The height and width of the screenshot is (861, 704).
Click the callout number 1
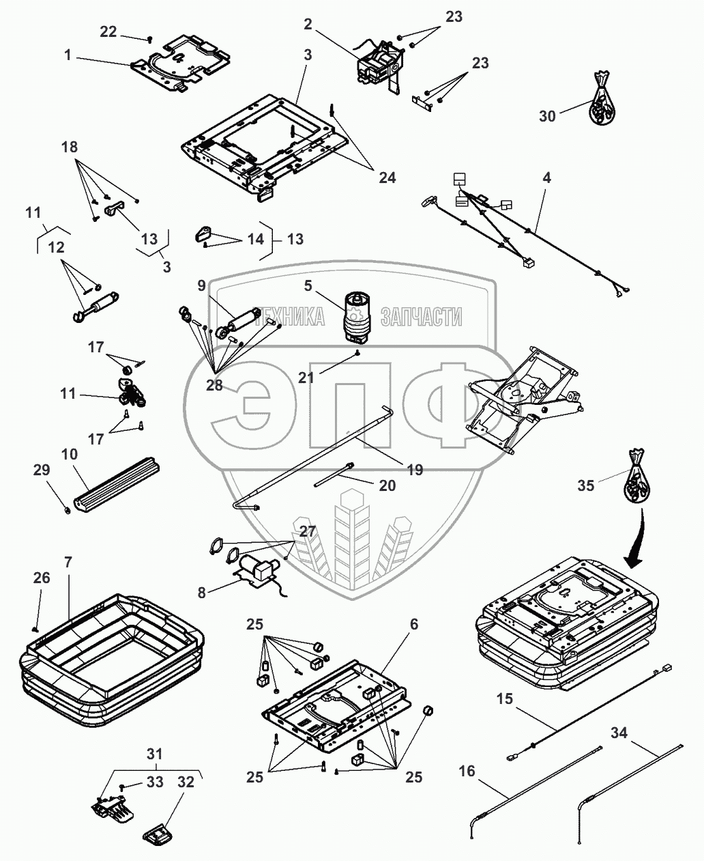68,55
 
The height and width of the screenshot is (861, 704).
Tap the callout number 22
108,31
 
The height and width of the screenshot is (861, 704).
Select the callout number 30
548,116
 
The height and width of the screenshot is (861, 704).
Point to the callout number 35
586,485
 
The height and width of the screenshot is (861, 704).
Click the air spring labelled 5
357,315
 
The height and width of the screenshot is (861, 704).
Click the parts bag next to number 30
600,99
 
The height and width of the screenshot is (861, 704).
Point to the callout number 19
414,470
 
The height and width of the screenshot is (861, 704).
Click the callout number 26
42,578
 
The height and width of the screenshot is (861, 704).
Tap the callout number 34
619,733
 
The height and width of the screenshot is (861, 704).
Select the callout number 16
467,772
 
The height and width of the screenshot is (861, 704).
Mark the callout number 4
546,178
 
